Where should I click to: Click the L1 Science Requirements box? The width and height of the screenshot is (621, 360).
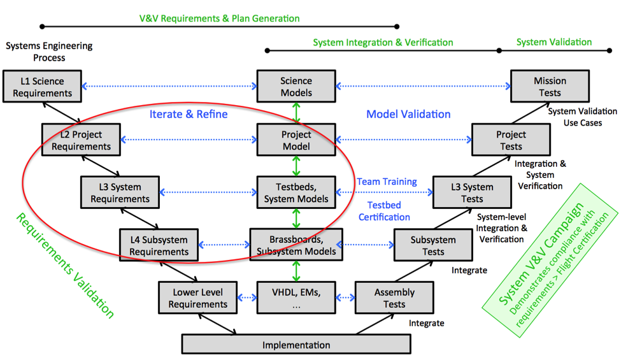click(x=42, y=87)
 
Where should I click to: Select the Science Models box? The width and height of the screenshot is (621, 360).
click(x=296, y=87)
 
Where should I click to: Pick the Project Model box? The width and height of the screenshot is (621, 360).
click(x=296, y=140)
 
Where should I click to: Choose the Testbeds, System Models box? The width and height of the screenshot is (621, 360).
click(x=296, y=192)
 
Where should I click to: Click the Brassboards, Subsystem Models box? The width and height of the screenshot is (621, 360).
click(x=296, y=245)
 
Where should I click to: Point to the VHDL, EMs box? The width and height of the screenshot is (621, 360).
click(x=296, y=298)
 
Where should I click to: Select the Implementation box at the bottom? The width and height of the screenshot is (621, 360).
click(x=296, y=345)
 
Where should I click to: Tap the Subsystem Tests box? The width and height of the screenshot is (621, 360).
click(x=433, y=245)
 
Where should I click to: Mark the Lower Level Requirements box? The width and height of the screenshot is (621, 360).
click(x=197, y=298)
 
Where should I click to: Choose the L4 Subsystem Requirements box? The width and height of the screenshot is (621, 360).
click(x=159, y=245)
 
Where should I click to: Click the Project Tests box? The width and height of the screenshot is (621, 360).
click(x=511, y=140)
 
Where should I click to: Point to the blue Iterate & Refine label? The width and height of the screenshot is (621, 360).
click(x=188, y=115)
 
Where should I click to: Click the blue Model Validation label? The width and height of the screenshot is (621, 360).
click(x=408, y=115)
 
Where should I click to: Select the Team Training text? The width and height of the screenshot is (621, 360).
click(x=387, y=182)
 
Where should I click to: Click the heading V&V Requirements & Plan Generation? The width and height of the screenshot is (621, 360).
click(x=219, y=18)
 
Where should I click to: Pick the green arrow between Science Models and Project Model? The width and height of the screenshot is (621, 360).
click(x=296, y=113)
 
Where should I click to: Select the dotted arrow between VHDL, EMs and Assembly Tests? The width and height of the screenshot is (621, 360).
click(x=345, y=298)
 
